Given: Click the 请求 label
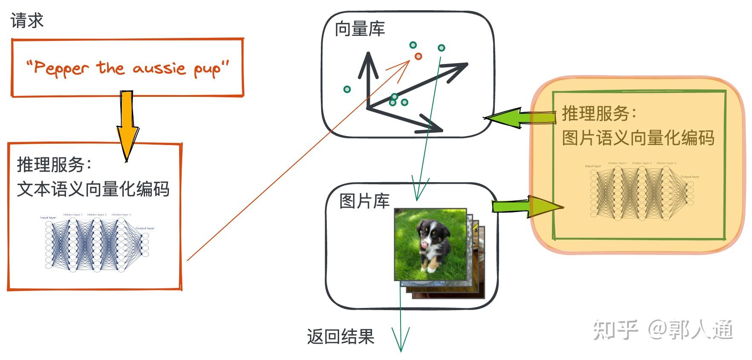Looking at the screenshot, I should coord(27,20).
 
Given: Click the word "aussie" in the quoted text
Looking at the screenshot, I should coord(159,68).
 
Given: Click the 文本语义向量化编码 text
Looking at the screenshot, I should coord(93,189).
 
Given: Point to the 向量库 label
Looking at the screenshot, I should coord(360,29).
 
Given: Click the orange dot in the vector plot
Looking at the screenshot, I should coord(418,56).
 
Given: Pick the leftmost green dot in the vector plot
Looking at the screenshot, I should coord(347,89).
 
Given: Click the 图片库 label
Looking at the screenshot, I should coord(364,201).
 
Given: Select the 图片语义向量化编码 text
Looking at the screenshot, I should coord(638,138).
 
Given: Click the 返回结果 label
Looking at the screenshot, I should coord(340,337).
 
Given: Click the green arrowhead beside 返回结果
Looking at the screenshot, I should coord(401,339).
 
